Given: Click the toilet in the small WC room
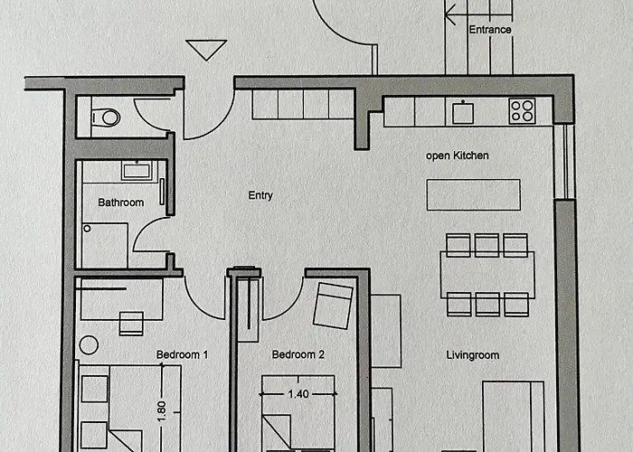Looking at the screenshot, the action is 107,118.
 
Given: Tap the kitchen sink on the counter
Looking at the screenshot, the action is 463,112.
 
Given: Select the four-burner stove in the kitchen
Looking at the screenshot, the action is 522,111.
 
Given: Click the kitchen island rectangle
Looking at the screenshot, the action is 474,195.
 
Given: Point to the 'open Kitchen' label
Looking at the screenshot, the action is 458,155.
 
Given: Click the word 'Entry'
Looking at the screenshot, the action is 260,196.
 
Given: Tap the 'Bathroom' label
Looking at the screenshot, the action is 121,202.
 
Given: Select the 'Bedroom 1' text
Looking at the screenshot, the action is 182,354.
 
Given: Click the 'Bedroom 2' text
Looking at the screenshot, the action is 298,354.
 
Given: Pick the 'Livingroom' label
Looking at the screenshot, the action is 473,355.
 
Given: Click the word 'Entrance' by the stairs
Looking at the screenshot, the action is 490,30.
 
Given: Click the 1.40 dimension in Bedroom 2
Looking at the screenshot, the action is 298,394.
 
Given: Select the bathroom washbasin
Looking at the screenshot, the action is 137,171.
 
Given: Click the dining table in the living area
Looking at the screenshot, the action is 487,275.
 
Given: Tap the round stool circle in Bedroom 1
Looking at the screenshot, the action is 89,345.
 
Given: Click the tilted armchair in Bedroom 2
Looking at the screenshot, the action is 333,306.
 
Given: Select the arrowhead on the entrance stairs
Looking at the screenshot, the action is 450,15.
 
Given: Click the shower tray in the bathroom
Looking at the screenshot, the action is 105,245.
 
